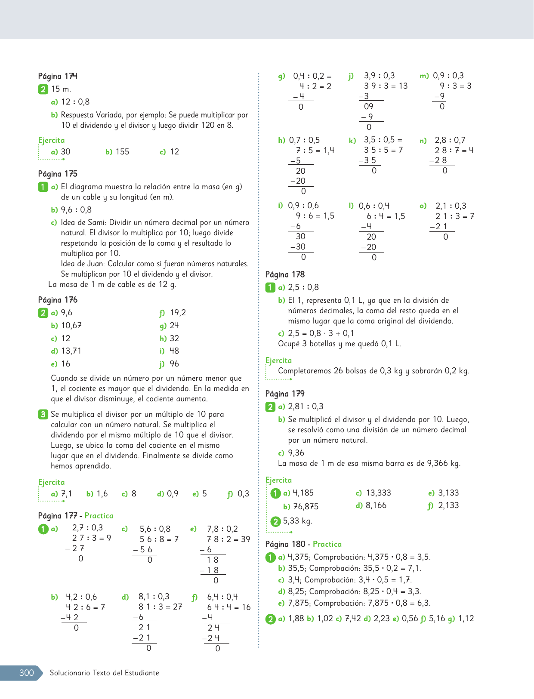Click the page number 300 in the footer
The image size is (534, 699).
click(26, 673)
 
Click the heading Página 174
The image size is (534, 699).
click(58, 76)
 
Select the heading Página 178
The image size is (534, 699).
click(285, 274)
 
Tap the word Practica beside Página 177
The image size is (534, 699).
click(99, 516)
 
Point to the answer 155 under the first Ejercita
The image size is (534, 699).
click(122, 152)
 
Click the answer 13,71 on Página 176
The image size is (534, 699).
click(71, 351)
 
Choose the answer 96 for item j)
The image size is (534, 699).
click(174, 364)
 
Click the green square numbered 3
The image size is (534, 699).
click(43, 414)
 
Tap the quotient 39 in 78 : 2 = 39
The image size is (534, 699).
click(245, 539)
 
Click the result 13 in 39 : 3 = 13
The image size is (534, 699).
click(403, 86)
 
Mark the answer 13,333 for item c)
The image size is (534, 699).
click(378, 493)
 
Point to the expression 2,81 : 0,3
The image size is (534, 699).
click(306, 406)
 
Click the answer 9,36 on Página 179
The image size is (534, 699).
click(296, 453)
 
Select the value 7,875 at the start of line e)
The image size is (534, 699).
click(298, 603)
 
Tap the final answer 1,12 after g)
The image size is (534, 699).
click(466, 619)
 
